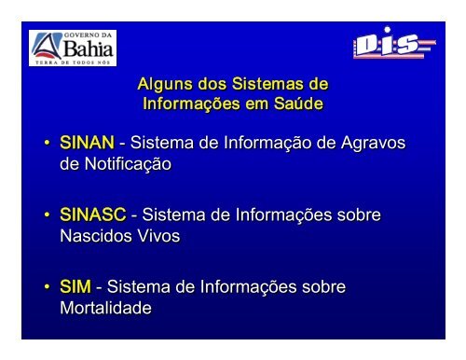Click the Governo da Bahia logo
point(73,48)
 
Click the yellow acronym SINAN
point(87,143)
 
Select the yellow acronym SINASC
point(93,215)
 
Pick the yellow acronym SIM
point(75,286)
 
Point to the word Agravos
point(373,144)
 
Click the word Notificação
point(128,164)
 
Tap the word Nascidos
point(96,236)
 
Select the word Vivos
point(158,236)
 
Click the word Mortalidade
point(105,308)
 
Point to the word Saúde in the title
point(298,104)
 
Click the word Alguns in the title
point(165,85)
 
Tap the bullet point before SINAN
point(47,143)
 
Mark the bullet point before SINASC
point(47,215)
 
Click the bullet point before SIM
point(47,286)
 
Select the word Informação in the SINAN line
point(267,144)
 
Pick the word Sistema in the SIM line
point(139,286)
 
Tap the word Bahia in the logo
point(88,48)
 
